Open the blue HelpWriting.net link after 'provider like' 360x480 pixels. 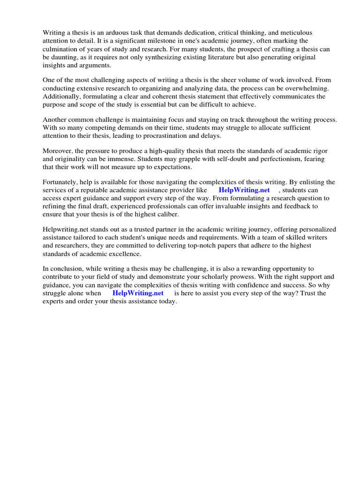pos(244,190)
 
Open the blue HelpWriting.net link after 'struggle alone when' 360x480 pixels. pos(138,293)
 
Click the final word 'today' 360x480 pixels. pos(167,301)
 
